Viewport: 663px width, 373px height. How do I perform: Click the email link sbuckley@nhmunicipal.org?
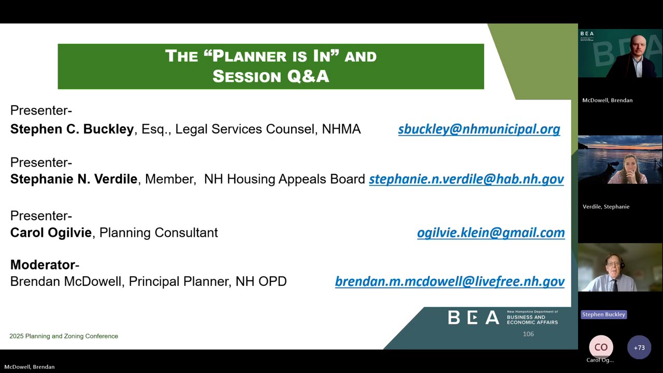479,129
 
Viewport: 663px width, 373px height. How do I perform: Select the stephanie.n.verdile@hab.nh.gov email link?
466,179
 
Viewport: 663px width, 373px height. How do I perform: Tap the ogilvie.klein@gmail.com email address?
491,233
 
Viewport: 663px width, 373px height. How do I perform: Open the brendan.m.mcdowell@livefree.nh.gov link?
450,281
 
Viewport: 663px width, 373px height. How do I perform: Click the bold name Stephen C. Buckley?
72,129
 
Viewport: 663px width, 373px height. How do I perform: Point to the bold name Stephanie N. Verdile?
74,179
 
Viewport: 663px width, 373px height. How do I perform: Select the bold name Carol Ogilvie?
51,233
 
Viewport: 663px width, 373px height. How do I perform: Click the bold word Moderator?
43,265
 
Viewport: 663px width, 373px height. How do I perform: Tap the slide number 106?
528,334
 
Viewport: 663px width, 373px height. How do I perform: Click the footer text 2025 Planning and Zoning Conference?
64,336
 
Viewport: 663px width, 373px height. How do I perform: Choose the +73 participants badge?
639,348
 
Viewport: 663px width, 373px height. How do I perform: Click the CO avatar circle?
601,348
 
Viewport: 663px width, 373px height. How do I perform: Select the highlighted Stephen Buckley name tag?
603,314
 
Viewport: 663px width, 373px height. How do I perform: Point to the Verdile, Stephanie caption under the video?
606,207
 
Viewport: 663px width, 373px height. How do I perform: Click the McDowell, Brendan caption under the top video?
607,101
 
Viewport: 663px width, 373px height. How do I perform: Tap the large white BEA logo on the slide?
473,318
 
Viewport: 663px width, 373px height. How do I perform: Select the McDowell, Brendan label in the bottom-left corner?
30,367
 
